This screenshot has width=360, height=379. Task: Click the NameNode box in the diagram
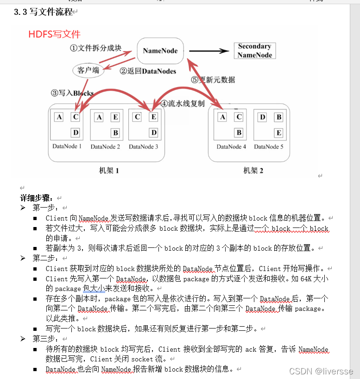[160, 51]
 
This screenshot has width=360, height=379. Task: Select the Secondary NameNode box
[254, 51]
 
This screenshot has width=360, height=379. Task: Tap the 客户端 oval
[88, 70]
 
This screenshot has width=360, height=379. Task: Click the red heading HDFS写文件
[54, 34]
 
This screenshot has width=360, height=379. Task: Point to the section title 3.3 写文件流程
[44, 12]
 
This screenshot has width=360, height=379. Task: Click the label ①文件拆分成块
[95, 48]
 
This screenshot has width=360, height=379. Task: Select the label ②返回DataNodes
[148, 71]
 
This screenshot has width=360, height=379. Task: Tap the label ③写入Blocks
[72, 93]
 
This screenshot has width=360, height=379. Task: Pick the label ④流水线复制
[182, 103]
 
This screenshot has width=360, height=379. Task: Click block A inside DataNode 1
[59, 117]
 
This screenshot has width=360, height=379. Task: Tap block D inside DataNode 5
[263, 117]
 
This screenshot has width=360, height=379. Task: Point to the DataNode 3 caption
[144, 147]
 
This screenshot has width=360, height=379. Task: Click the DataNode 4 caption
[232, 147]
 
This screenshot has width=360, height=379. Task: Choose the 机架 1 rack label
[109, 171]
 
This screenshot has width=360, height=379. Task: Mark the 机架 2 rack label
[253, 171]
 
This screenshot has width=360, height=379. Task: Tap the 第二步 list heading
[45, 258]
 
